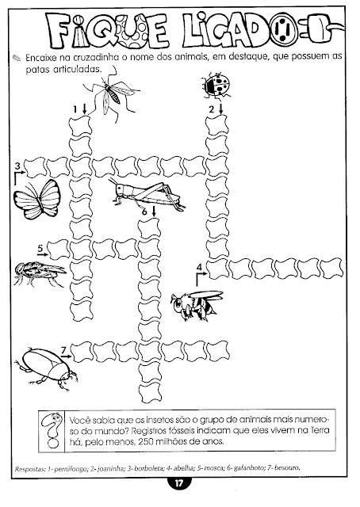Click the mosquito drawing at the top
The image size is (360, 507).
point(110,93)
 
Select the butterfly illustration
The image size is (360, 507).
point(37,200)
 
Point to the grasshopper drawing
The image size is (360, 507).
point(147,195)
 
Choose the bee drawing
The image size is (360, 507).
point(197,305)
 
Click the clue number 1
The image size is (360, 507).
point(75,109)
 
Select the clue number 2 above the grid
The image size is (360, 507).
point(212,109)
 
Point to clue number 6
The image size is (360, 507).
point(144,212)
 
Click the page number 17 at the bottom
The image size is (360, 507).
point(179,484)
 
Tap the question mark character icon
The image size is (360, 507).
point(52,430)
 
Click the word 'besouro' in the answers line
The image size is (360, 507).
point(287,467)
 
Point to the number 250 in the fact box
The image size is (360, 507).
point(147,441)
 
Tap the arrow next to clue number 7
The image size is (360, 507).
point(67,356)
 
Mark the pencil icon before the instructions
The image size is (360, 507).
point(17,58)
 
